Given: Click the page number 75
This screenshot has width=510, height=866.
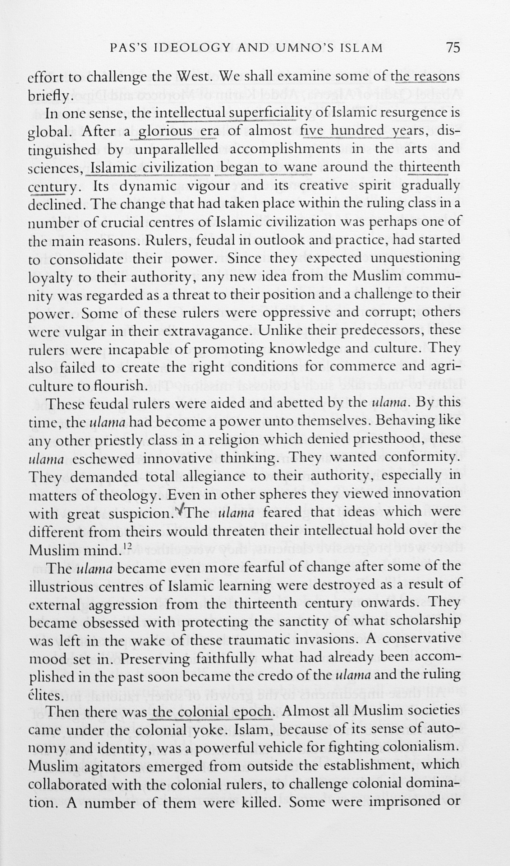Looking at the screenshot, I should tap(452, 47).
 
